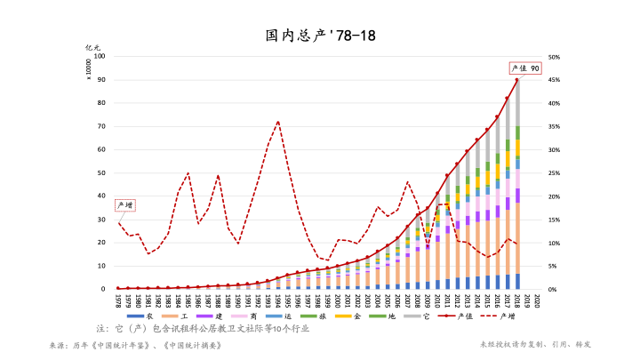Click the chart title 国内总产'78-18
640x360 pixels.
tap(320, 36)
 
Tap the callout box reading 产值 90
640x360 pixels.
tap(524, 68)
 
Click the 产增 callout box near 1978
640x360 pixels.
tap(124, 205)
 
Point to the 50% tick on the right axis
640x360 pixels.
tap(554, 57)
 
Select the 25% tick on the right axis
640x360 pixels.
tap(554, 173)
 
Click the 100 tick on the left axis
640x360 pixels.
tap(100, 57)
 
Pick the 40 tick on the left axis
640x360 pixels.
tap(101, 196)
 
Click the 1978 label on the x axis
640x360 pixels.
tap(118, 300)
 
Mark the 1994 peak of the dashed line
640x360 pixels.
tap(278, 122)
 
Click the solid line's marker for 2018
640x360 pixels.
tap(517, 80)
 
